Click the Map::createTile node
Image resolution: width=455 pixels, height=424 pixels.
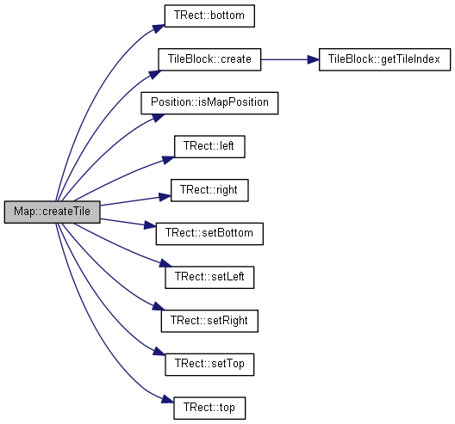pyautogui.click(x=53, y=212)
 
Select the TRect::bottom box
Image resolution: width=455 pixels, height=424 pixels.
pyautogui.click(x=209, y=16)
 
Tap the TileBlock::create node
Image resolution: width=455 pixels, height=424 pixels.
pyautogui.click(x=209, y=59)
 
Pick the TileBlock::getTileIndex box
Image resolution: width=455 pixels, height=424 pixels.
pyautogui.click(x=385, y=59)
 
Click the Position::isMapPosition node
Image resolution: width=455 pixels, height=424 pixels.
pyautogui.click(x=209, y=103)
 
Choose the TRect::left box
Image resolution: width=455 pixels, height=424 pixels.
pyautogui.click(x=209, y=146)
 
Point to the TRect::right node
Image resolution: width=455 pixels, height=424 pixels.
pyautogui.click(x=209, y=190)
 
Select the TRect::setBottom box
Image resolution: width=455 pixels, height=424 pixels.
pyautogui.click(x=209, y=234)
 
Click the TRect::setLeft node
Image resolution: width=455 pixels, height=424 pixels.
pyautogui.click(x=209, y=278)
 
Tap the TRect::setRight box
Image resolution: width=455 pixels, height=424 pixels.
pyautogui.click(x=209, y=321)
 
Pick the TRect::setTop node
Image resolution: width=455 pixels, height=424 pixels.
pyautogui.click(x=209, y=365)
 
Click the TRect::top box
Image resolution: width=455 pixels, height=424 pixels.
pyautogui.click(x=209, y=408)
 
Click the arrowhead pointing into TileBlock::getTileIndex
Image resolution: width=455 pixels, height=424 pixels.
pyautogui.click(x=314, y=59)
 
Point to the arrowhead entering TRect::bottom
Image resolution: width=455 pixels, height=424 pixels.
pyautogui.click(x=159, y=28)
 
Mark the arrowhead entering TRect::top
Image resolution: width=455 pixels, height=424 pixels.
pyautogui.click(x=168, y=399)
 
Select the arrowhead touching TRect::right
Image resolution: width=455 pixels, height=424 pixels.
pyautogui.click(x=165, y=197)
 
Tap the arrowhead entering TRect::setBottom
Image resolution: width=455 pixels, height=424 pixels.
pyautogui.click(x=150, y=225)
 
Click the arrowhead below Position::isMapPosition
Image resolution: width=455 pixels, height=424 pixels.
pyautogui.click(x=159, y=118)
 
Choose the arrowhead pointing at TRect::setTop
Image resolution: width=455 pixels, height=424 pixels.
pyautogui.click(x=159, y=351)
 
